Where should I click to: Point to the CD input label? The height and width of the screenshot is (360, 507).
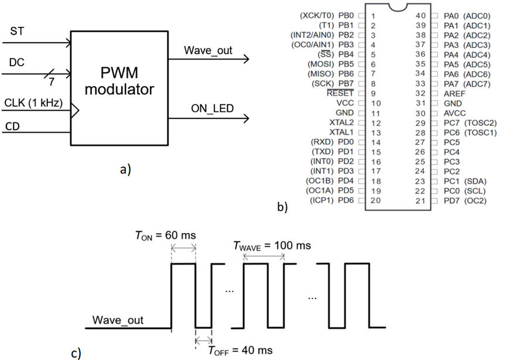click(x=12, y=125)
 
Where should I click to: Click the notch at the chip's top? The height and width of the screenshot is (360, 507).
click(x=397, y=7)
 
